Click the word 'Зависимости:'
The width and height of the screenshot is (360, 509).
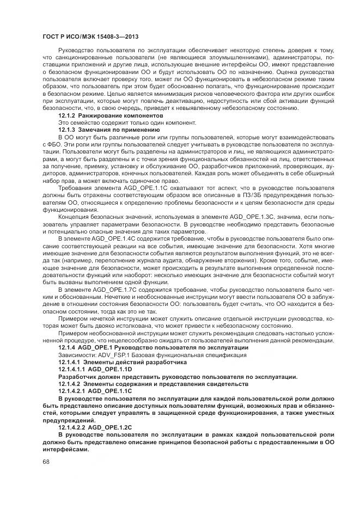(x=77, y=355)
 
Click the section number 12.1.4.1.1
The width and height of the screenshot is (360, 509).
(x=72, y=369)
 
